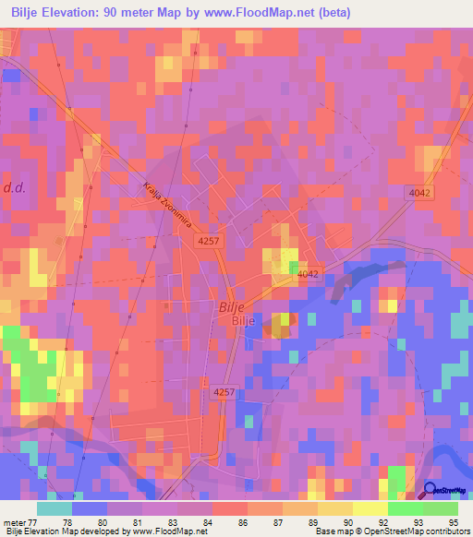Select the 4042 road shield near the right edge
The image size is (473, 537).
pyautogui.click(x=419, y=190)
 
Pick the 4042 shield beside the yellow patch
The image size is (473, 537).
pyautogui.click(x=308, y=274)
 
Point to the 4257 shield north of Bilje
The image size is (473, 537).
pyautogui.click(x=209, y=239)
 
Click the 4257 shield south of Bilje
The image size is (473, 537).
pyautogui.click(x=224, y=391)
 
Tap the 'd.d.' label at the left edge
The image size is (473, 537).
pyautogui.click(x=14, y=187)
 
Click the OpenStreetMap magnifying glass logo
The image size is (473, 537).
pyautogui.click(x=431, y=492)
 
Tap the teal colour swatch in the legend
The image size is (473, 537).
pyautogui.click(x=55, y=508)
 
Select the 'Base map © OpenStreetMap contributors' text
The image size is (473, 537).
pyautogui.click(x=392, y=531)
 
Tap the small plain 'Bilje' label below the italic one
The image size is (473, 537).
pyautogui.click(x=242, y=320)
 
